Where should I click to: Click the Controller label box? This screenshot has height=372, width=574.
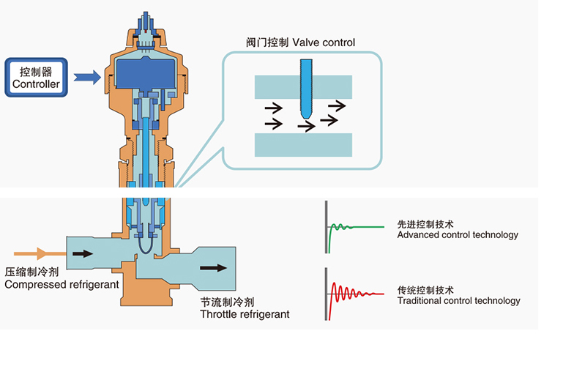pyautogui.click(x=36, y=78)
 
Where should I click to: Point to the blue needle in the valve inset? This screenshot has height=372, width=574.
pyautogui.click(x=305, y=88)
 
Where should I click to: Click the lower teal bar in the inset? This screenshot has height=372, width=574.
pyautogui.click(x=303, y=144)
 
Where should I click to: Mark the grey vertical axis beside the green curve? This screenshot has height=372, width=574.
pyautogui.click(x=327, y=226)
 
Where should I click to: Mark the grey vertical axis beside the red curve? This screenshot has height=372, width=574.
pyautogui.click(x=327, y=294)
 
